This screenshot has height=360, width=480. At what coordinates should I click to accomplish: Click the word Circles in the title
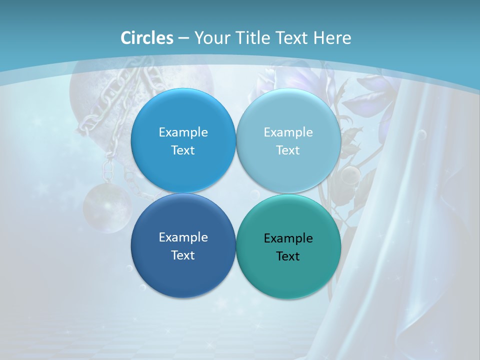pyautogui.click(x=146, y=38)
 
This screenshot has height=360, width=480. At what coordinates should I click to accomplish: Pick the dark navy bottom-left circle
pyautogui.click(x=183, y=270)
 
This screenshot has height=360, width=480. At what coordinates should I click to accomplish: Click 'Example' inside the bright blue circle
pyautogui.click(x=183, y=132)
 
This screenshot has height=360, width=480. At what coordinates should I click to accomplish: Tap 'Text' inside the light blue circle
pyautogui.click(x=288, y=150)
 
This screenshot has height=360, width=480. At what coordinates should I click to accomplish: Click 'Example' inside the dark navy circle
pyautogui.click(x=183, y=237)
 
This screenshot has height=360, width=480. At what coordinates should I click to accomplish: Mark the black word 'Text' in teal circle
pyautogui.click(x=288, y=256)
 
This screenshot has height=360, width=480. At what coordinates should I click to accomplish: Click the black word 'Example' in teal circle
pyautogui.click(x=288, y=238)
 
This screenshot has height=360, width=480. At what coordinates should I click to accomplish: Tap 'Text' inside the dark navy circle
pyautogui.click(x=183, y=255)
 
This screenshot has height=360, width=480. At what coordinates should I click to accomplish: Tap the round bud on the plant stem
pyautogui.click(x=350, y=175)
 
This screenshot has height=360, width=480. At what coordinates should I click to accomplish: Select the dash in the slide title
pyautogui.click(x=183, y=38)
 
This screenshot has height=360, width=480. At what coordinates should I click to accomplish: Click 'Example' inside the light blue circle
pyautogui.click(x=288, y=132)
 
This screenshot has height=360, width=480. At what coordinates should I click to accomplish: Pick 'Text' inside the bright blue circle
pyautogui.click(x=183, y=150)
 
